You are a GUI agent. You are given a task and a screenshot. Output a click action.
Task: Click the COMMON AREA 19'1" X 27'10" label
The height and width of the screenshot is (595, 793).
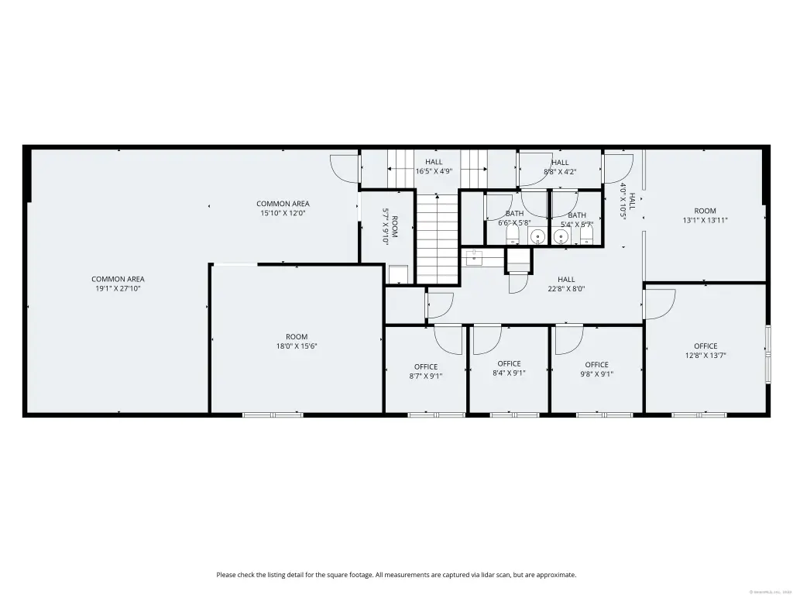pyautogui.click(x=118, y=284)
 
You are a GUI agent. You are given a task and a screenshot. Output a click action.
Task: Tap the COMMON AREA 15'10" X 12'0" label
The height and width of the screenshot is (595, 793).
pyautogui.click(x=283, y=208)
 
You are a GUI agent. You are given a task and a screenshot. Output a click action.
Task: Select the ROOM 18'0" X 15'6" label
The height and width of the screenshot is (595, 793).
pyautogui.click(x=297, y=342)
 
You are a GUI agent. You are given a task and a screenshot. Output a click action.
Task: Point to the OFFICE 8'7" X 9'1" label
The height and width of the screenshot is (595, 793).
pyautogui.click(x=425, y=371)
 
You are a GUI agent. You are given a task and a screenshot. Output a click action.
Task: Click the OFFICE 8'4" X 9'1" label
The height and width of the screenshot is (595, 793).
pyautogui.click(x=509, y=368)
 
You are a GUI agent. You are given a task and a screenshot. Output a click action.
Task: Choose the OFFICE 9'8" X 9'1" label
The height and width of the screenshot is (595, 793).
pyautogui.click(x=596, y=369)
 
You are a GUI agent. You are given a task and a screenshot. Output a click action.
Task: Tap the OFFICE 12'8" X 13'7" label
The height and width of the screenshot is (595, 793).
pyautogui.click(x=705, y=351)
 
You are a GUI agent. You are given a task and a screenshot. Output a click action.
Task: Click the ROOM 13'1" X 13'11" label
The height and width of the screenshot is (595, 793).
pyautogui.click(x=705, y=215)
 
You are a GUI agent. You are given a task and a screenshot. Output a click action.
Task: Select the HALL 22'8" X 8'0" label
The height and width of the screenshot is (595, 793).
pyautogui.click(x=566, y=284)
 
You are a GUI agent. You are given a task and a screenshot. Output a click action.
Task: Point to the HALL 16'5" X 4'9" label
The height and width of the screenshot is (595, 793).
pyautogui.click(x=434, y=167)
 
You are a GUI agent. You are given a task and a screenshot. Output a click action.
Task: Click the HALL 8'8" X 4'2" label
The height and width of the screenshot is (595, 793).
pyautogui.click(x=559, y=167)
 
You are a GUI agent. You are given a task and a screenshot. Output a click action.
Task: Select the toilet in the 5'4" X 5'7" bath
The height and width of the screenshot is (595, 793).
pyautogui.click(x=588, y=234)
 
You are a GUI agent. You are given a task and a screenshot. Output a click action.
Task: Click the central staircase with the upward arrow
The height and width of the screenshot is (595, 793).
pyautogui.click(x=438, y=236)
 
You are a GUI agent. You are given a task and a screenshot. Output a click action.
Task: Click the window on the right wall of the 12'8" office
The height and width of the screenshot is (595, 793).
pyautogui.click(x=768, y=354)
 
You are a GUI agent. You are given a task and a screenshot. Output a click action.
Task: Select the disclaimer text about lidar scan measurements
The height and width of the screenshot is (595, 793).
pyautogui.click(x=396, y=575)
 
